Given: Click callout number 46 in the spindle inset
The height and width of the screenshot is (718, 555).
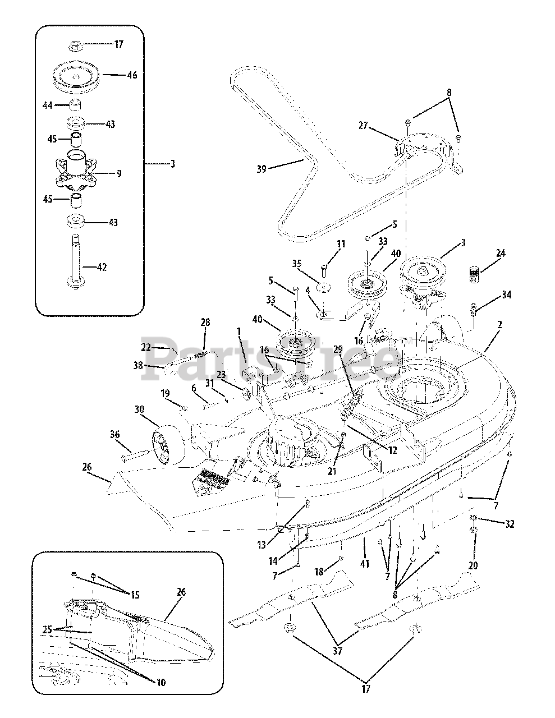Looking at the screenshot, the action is pyautogui.click(x=132, y=75).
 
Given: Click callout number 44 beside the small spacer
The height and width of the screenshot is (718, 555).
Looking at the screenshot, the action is pyautogui.click(x=48, y=105).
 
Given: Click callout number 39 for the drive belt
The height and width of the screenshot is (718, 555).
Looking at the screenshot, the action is pyautogui.click(x=261, y=169).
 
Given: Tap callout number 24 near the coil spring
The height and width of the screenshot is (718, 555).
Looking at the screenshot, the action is pyautogui.click(x=501, y=254).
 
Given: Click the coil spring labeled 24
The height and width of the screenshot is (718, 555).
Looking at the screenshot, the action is pyautogui.click(x=475, y=275).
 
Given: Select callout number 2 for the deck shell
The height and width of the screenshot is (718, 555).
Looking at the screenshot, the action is pyautogui.click(x=499, y=325).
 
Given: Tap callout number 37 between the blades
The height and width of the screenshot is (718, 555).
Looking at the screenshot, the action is pyautogui.click(x=338, y=651).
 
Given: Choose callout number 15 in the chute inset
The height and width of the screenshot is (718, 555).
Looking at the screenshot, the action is pyautogui.click(x=135, y=595).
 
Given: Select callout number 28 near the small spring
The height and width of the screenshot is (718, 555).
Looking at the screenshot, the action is pyautogui.click(x=205, y=322).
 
